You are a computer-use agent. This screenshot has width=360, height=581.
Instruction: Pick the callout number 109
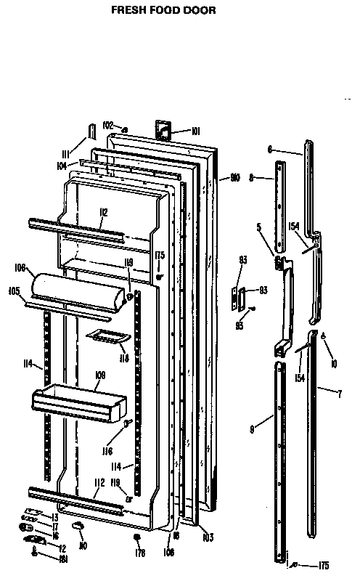point(100,375)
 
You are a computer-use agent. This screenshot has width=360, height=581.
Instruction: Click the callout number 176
point(140,553)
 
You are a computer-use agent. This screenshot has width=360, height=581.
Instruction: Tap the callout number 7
point(340,394)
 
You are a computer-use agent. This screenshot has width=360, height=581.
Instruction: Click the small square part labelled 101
point(163,129)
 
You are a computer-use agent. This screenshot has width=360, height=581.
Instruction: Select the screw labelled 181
point(35,551)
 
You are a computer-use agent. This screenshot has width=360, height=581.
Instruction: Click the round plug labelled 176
point(137,538)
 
